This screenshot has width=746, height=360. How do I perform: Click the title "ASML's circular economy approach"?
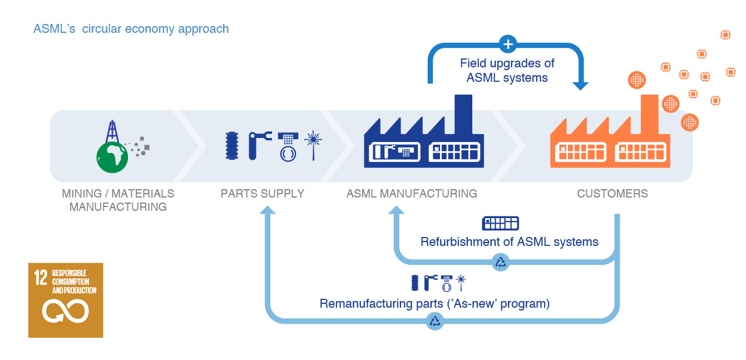click(131, 29)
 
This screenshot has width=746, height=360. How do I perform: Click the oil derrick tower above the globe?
click(113, 132)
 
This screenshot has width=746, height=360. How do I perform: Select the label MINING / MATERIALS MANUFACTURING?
click(118, 200)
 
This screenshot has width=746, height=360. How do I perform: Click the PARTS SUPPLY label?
click(263, 194)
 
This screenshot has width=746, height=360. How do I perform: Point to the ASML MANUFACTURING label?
click(412, 194)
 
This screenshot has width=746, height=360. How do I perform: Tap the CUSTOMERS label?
click(612, 194)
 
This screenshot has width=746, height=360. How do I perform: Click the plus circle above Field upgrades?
click(507, 44)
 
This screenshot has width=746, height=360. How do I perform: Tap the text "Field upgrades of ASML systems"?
click(507, 70)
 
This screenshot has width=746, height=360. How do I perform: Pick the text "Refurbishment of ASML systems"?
click(509, 242)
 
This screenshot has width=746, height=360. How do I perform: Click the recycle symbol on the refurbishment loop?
click(501, 262)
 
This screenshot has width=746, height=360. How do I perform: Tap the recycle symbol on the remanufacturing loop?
click(435, 321)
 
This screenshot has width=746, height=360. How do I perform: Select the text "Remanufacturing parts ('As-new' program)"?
click(434, 304)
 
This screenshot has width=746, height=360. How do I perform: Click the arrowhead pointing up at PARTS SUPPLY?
click(268, 210)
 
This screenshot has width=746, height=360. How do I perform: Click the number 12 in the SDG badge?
click(41, 278)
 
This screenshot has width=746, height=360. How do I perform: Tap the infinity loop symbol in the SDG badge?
click(66, 311)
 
